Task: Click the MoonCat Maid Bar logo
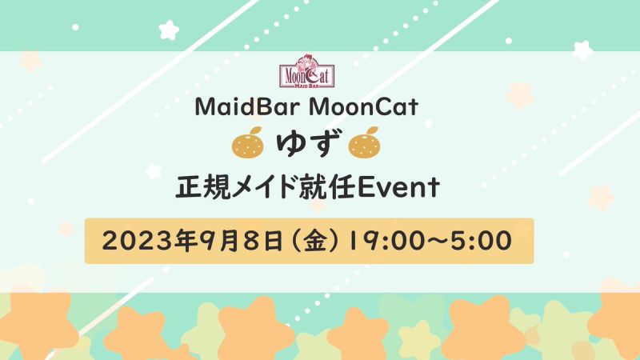pos(307,71)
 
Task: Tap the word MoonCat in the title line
pos(364,107)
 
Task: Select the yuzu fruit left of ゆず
pos(248,142)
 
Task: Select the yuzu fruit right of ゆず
pos(365,142)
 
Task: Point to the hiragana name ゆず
pos(306,144)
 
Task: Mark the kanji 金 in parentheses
pos(314,241)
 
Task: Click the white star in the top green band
pos(169,30)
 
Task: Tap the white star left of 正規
pos(153,171)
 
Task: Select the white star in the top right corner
pos(582,50)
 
